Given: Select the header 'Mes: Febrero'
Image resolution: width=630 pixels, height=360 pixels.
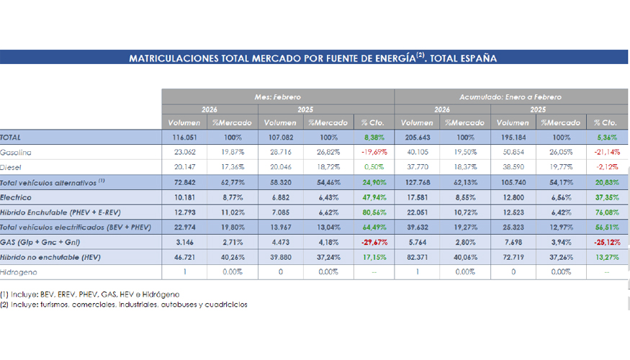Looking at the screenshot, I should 277,96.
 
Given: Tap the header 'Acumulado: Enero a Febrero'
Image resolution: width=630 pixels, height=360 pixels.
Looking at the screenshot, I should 510,96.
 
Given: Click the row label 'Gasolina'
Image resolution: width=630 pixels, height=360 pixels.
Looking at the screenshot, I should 16,152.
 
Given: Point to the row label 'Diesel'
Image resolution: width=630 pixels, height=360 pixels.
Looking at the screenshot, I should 12,167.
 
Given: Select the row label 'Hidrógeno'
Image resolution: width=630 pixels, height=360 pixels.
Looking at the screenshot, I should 19,272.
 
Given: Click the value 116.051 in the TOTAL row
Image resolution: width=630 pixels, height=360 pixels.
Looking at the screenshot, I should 184,137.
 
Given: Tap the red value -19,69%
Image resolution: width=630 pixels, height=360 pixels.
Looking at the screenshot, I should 372,152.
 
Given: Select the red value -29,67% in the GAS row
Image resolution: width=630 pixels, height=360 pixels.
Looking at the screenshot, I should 372,242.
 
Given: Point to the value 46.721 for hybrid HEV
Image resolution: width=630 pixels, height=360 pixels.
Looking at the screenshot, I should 184,257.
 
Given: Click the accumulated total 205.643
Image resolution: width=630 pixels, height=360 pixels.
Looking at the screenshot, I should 419,137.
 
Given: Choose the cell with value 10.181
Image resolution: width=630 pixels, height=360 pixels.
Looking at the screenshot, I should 184,197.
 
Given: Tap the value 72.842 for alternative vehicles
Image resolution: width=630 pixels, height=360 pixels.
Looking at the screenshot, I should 184,182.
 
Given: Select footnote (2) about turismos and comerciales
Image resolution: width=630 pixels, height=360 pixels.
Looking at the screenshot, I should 124,305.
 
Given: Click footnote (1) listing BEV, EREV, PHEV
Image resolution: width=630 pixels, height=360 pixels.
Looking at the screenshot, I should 90,294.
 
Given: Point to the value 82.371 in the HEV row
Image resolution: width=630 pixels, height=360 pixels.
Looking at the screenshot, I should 419,257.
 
